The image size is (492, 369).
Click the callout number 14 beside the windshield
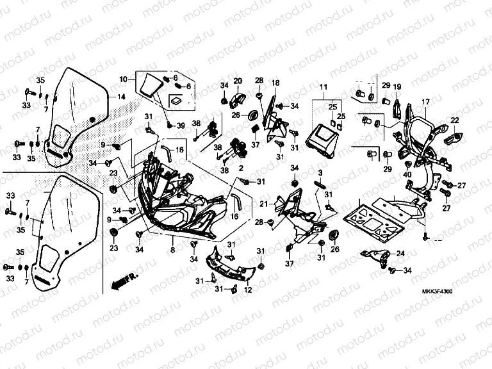120,97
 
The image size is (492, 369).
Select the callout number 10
123,79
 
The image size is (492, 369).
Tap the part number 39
181,125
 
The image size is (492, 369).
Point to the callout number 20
237,81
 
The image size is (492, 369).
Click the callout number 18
275,83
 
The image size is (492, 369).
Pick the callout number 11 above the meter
324,86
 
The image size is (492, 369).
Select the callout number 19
397,86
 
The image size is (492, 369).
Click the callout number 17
425,102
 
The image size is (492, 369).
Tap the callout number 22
454,120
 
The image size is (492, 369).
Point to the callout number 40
407,174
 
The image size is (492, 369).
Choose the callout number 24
400,254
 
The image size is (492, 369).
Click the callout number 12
248,290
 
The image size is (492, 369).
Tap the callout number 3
320,173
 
